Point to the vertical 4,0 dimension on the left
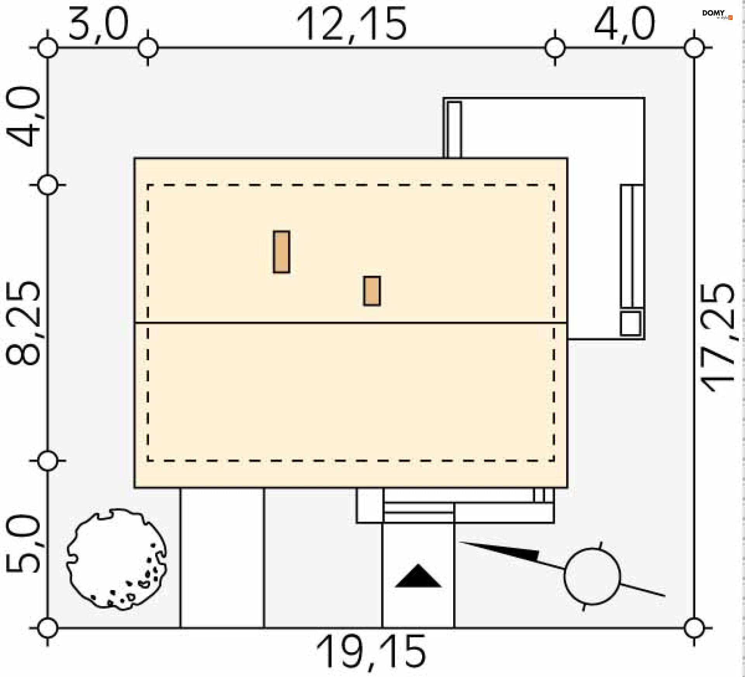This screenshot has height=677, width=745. pyautogui.click(x=23, y=116)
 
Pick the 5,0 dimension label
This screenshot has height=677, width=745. pyautogui.click(x=23, y=544)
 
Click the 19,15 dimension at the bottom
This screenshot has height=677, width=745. pyautogui.click(x=371, y=653)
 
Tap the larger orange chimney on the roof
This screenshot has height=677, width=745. pyautogui.click(x=281, y=252)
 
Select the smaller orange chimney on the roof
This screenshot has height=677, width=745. pyautogui.click(x=372, y=291)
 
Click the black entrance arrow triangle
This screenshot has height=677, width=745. pyautogui.click(x=418, y=576)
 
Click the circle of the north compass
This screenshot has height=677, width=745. pyautogui.click(x=592, y=576)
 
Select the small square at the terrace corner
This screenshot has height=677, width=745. pyautogui.click(x=631, y=323)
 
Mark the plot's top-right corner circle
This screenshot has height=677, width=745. pyautogui.click(x=694, y=48)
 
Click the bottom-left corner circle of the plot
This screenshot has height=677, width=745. pyautogui.click(x=48, y=628)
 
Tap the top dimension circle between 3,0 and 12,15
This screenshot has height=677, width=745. pyautogui.click(x=148, y=48)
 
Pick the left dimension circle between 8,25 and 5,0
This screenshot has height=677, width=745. pyautogui.click(x=48, y=461)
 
